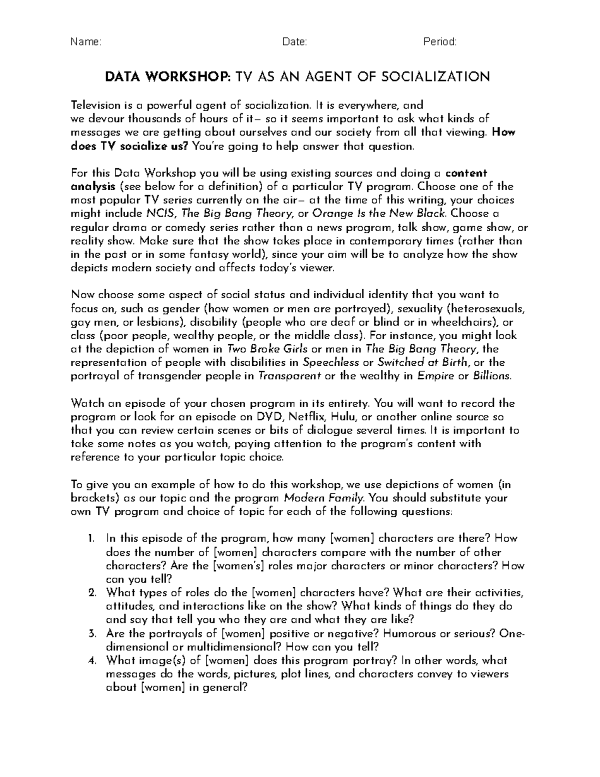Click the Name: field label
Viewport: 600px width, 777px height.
pos(86,43)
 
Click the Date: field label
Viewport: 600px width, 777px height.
pos(294,43)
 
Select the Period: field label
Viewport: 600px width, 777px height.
pos(440,43)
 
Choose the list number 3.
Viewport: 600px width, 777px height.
pos(91,633)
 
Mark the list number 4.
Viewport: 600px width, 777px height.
pos(91,660)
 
